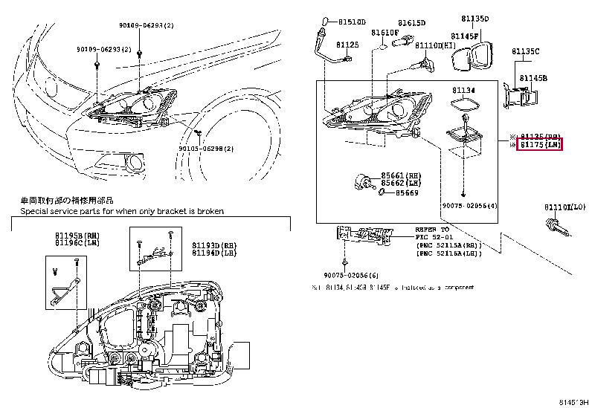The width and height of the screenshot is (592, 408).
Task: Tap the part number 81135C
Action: tap(525, 51)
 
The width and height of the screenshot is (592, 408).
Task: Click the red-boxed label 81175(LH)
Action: tap(540, 144)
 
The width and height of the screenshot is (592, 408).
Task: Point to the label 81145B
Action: tap(533, 77)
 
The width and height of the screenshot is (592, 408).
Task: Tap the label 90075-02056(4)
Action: tap(470, 205)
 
